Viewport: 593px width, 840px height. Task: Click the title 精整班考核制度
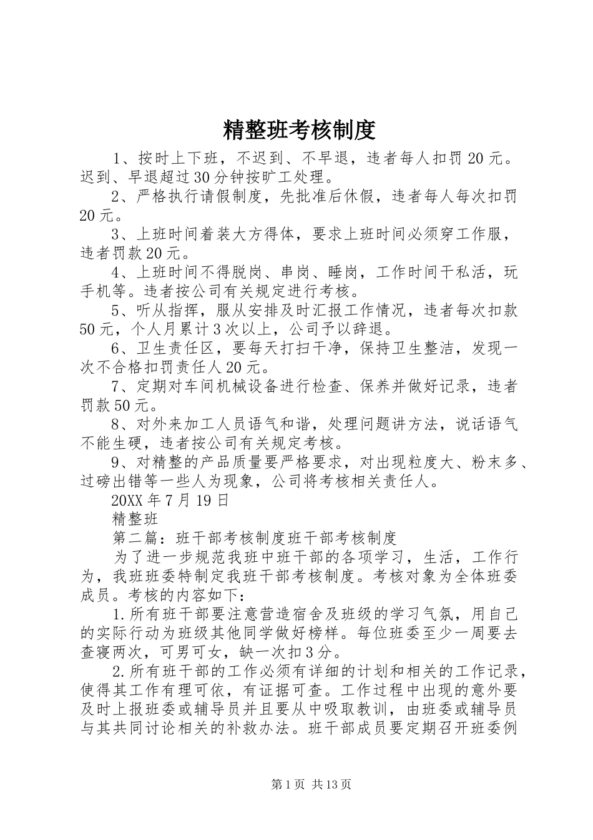[298, 130]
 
